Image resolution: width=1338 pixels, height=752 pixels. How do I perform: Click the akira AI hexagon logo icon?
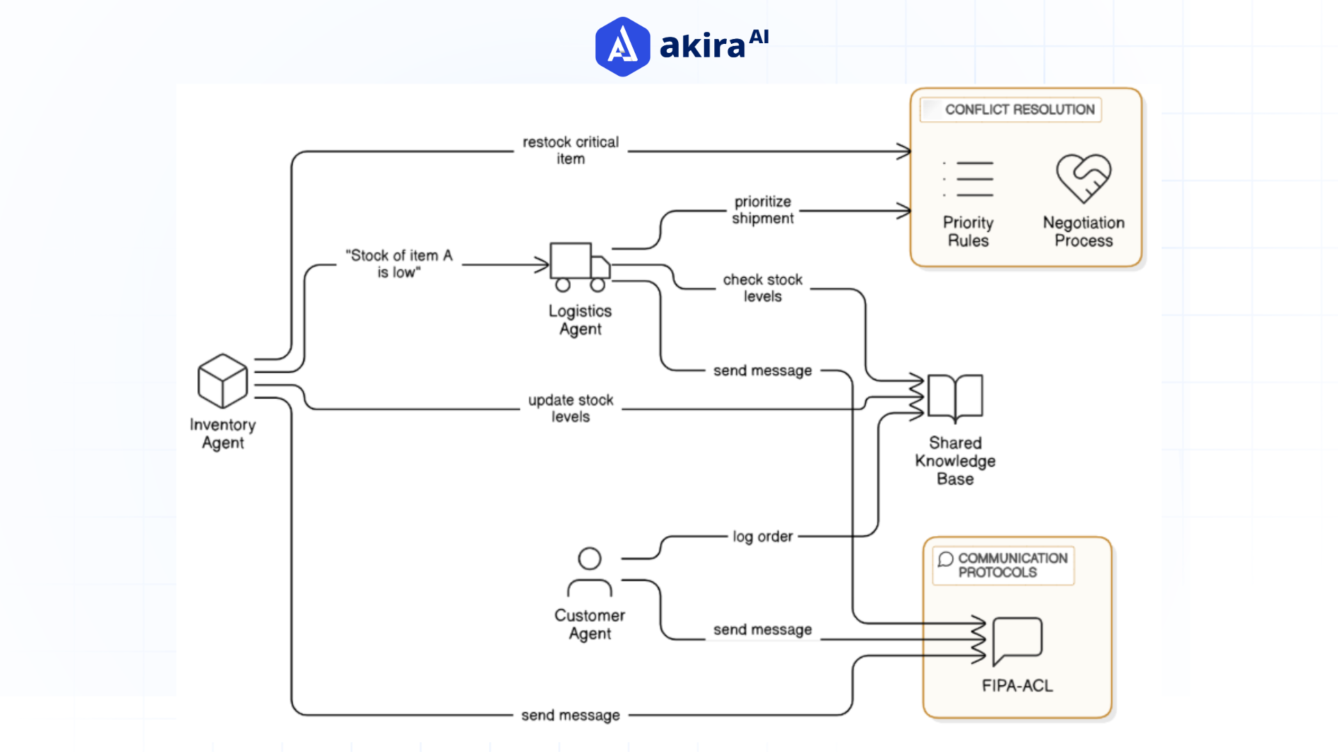click(622, 47)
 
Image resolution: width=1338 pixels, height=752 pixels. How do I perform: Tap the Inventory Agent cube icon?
click(222, 381)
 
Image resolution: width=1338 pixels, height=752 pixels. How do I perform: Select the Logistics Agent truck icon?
click(579, 267)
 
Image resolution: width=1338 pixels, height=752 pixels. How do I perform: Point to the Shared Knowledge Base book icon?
click(955, 398)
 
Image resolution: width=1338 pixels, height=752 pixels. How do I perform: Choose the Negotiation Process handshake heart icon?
click(1084, 178)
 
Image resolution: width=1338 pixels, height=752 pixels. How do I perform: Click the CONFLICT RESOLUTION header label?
click(1019, 110)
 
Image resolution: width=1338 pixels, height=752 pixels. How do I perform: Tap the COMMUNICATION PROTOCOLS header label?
click(1012, 565)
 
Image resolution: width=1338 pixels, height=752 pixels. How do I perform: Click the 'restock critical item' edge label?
click(571, 150)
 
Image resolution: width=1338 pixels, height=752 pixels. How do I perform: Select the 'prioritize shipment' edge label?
click(762, 210)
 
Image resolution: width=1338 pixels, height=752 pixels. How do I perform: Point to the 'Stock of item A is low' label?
click(399, 264)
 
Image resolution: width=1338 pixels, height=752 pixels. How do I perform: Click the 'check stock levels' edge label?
click(762, 288)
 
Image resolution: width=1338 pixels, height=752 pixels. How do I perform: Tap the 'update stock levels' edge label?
click(571, 408)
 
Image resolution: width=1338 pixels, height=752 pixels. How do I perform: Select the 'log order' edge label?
click(762, 536)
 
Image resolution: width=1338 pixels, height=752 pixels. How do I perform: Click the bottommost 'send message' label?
click(571, 715)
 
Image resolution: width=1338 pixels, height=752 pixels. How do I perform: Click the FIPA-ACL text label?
click(1017, 686)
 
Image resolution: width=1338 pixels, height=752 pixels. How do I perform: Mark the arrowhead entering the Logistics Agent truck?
click(544, 265)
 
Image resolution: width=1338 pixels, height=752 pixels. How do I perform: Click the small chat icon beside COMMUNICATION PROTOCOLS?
click(945, 559)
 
